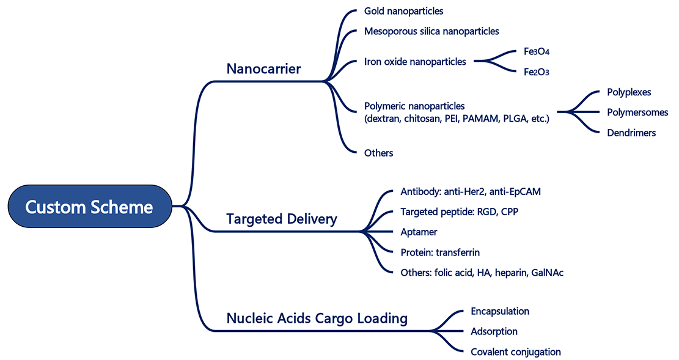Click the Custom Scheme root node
click(x=89, y=207)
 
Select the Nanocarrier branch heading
click(x=263, y=68)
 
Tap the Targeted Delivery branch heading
click(x=281, y=219)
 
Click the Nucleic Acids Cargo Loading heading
click(x=317, y=318)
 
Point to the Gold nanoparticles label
click(x=403, y=11)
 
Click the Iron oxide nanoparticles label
click(x=415, y=61)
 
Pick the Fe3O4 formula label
click(x=537, y=51)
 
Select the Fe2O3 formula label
click(x=537, y=72)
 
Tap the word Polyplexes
click(x=629, y=92)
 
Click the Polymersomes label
click(x=637, y=112)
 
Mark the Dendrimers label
click(x=631, y=132)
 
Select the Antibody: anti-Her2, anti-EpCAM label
click(x=471, y=191)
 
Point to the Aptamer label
click(x=419, y=232)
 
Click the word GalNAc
click(x=548, y=272)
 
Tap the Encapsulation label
click(x=499, y=311)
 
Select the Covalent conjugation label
click(x=515, y=351)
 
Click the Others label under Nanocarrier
click(x=378, y=153)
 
